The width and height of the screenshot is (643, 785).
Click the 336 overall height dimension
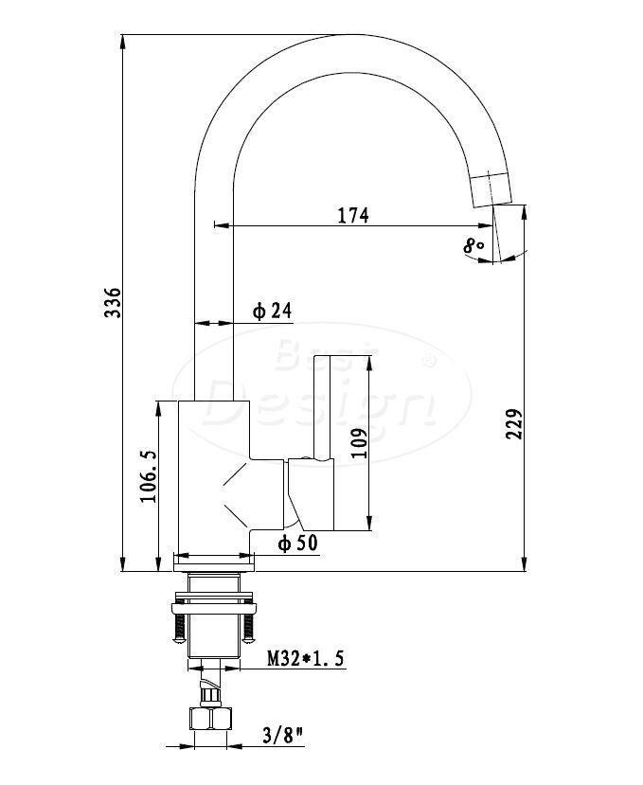pyautogui.click(x=113, y=302)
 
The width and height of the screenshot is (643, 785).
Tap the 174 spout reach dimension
pyautogui.click(x=353, y=215)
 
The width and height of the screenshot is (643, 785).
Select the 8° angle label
pyautogui.click(x=473, y=246)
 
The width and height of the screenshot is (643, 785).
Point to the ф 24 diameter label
pyautogui.click(x=272, y=311)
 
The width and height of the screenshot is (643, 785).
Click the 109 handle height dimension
pyautogui.click(x=359, y=443)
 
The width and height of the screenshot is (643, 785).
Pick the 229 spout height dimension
pyautogui.click(x=514, y=424)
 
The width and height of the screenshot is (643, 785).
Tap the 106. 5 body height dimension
pyautogui.click(x=148, y=476)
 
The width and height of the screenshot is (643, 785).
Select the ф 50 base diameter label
pyautogui.click(x=298, y=543)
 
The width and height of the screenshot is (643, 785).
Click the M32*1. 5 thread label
pyautogui.click(x=306, y=658)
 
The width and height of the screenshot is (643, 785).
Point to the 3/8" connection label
pyautogui.click(x=283, y=736)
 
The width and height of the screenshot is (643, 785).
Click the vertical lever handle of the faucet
pyautogui.click(x=322, y=407)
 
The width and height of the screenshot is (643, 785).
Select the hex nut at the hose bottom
pyautogui.click(x=211, y=719)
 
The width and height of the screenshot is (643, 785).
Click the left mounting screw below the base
pyautogui.click(x=179, y=629)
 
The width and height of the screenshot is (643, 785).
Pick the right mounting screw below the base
pyautogui.click(x=248, y=629)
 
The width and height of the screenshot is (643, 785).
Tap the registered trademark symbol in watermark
pyautogui.click(x=430, y=361)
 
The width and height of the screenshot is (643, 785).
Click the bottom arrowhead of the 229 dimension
pyautogui.click(x=524, y=563)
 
